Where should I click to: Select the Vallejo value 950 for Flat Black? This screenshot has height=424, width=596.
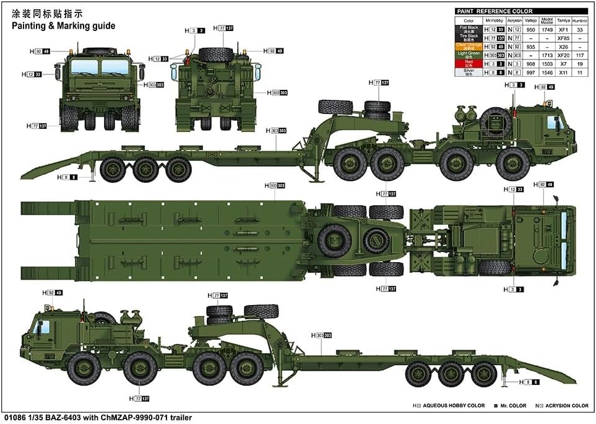530,29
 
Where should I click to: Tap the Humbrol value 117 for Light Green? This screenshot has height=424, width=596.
579,55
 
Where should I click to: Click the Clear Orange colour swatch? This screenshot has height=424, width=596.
468,46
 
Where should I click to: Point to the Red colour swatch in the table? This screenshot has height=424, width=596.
468,64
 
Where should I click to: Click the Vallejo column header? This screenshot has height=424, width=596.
530,20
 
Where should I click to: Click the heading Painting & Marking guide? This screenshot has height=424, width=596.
62,26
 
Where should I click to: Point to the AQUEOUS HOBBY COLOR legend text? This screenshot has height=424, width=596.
454,405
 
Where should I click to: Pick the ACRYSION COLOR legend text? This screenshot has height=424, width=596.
566,405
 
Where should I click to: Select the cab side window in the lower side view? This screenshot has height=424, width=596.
43,328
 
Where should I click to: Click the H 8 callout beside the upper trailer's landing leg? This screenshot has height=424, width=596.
71,177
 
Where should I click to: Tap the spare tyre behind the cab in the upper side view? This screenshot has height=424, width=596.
492,123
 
